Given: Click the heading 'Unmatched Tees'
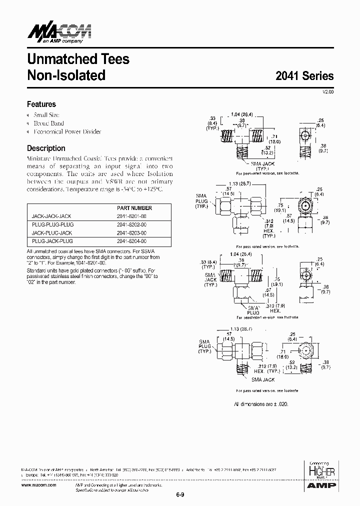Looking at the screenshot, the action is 78,59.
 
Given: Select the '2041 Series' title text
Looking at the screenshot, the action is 304,76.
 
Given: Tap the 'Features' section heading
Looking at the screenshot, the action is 41,104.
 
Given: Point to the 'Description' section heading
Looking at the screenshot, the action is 46,148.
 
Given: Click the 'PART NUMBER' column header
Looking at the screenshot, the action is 134,208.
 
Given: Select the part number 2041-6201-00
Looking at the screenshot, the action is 132,216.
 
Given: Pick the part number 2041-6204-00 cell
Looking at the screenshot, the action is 132,241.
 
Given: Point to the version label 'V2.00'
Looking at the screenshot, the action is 327,92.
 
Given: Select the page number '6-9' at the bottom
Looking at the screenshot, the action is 180,495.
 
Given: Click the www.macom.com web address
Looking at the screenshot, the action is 39,485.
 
